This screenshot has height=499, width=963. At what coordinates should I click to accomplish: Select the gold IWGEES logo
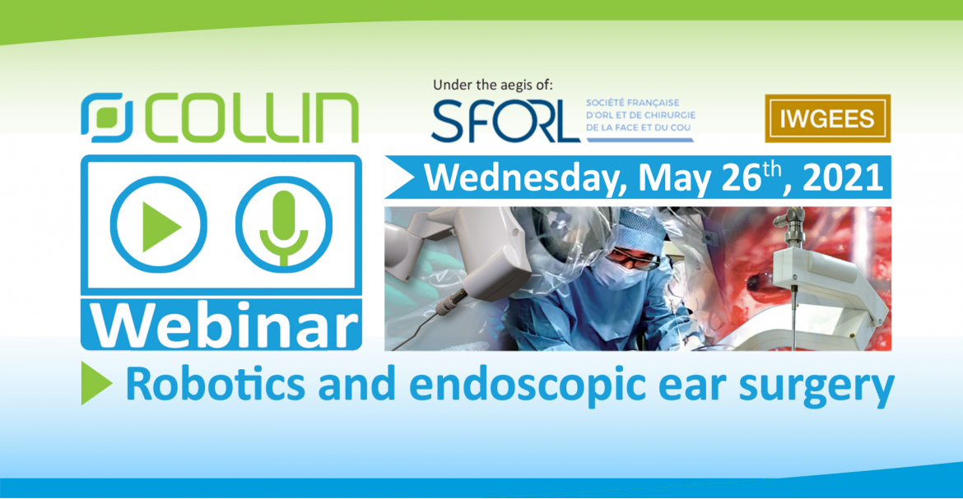[x=827, y=118]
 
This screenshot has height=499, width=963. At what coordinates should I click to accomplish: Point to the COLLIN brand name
[x=253, y=118]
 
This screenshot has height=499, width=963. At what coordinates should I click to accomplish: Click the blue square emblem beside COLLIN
[x=106, y=118]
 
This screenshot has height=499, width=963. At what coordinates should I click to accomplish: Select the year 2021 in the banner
[x=842, y=178]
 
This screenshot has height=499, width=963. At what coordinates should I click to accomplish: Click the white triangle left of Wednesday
[x=399, y=177]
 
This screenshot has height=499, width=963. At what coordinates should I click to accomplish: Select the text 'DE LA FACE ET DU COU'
[x=639, y=127]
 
